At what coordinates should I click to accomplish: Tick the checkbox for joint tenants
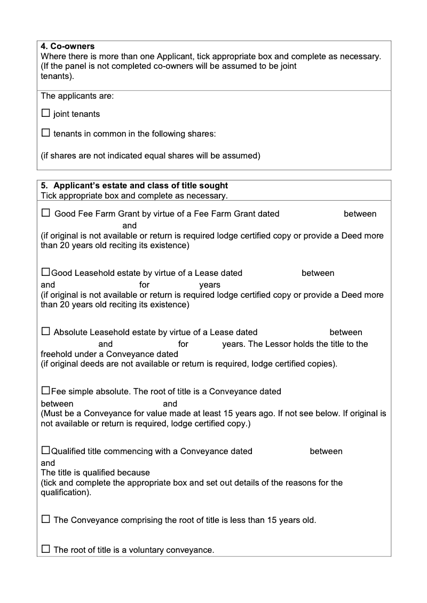pos(45,114)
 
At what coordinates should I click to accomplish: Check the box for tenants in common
pos(45,133)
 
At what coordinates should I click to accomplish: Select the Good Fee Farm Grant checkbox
pos(45,213)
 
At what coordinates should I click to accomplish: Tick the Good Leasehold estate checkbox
pos(45,273)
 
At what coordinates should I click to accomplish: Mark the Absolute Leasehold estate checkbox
pos(45,332)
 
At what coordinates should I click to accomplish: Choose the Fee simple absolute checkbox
pos(45,391)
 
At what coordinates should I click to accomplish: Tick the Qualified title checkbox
pos(45,451)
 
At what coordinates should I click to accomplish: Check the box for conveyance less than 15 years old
pos(45,519)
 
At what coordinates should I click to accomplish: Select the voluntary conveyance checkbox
pos(45,549)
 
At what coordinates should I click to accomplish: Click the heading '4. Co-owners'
pos(68,46)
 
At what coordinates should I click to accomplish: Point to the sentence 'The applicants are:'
pos(77,97)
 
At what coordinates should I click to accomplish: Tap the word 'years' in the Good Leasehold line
pos(210,285)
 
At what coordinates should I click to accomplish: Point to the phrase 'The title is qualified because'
pos(96,473)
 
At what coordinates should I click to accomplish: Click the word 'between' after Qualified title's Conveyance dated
pos(326,451)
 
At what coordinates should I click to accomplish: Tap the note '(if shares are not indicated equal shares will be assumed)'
pos(151,156)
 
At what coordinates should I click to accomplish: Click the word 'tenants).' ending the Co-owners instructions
pos(57,76)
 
